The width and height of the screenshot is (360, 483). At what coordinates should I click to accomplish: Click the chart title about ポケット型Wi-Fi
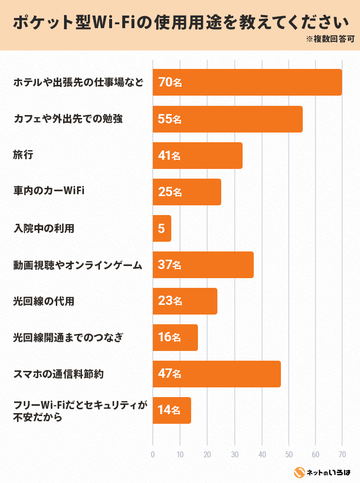click(x=180, y=23)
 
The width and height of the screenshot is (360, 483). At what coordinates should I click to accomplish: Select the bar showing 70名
click(x=247, y=83)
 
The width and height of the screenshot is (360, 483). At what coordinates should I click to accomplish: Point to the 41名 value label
click(x=169, y=156)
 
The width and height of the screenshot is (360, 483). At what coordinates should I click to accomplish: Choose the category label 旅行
click(x=23, y=155)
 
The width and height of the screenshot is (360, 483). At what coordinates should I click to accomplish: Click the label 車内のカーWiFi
click(x=49, y=192)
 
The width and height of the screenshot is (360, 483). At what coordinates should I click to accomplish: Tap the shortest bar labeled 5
click(x=162, y=228)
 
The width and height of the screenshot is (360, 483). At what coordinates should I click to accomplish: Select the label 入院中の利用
click(x=44, y=228)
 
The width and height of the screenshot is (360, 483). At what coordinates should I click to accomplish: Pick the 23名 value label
click(x=169, y=301)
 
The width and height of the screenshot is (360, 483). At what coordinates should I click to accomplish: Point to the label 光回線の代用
click(x=44, y=301)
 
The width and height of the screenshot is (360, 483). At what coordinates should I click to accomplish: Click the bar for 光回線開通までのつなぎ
click(x=175, y=338)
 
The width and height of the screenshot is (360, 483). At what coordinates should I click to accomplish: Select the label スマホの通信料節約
click(x=58, y=374)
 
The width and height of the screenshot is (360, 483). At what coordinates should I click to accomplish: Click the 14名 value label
click(x=169, y=411)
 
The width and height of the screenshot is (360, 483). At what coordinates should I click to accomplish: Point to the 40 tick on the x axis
click(x=262, y=455)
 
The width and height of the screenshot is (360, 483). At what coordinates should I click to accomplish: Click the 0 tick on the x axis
click(x=153, y=455)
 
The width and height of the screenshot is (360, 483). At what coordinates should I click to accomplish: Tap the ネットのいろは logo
click(x=323, y=472)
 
